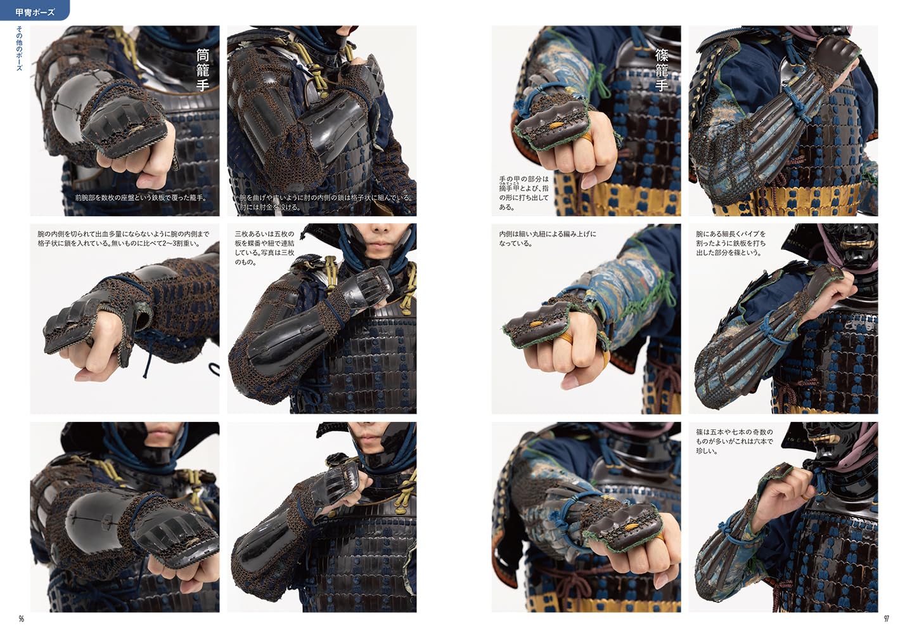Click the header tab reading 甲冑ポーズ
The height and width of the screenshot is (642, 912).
35,11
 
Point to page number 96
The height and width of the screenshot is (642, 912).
21,619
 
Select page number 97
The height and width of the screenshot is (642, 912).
886,619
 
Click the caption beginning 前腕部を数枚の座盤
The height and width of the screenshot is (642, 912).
141,198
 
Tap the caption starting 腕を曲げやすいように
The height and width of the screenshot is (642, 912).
326,202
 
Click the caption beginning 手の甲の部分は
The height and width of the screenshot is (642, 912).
523,193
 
